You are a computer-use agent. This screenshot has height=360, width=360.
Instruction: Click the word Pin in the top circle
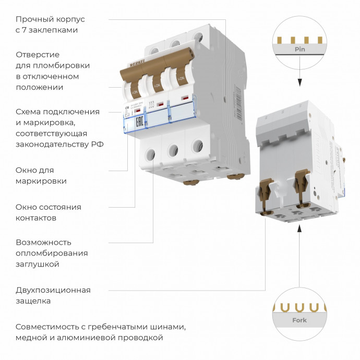299,50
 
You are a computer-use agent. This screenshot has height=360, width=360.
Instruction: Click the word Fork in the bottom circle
299,320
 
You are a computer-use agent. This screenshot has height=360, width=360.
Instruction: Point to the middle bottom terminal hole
173,151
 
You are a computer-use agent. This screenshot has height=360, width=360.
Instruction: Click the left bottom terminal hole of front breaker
150,154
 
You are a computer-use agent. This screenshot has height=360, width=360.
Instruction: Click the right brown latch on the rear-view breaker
301,183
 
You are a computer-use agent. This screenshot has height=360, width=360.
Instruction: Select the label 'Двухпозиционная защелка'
53,295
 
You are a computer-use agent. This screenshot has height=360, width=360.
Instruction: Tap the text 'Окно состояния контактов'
48,212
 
